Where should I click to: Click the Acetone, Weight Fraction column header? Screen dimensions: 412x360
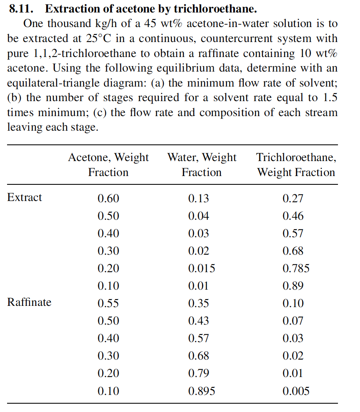[108, 165]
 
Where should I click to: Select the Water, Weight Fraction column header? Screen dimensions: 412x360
[202, 165]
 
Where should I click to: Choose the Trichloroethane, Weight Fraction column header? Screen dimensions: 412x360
[296, 165]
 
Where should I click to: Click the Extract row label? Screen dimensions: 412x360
[25, 197]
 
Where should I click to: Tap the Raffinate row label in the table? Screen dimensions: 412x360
[29, 302]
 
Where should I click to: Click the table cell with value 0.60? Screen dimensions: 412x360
[108, 199]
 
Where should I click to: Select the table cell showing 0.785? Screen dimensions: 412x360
[296, 268]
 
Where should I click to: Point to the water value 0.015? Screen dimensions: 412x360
[202, 268]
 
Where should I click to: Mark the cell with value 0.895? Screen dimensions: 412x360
[202, 391]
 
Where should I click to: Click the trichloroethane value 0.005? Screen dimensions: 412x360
[296, 391]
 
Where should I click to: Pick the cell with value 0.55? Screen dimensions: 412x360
[108, 303]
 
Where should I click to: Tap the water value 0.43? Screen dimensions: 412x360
[199, 321]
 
